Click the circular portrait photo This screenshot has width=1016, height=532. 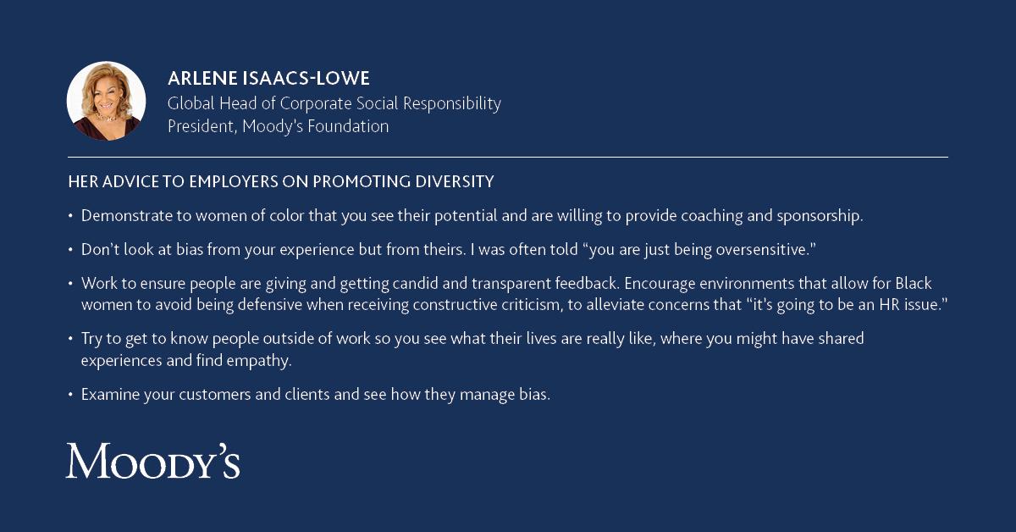tap(106, 101)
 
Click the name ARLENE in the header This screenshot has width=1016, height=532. tap(202, 78)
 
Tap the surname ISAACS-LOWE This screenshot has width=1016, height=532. tap(306, 78)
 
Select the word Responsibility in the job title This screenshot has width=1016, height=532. tap(452, 104)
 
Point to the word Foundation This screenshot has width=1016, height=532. tap(348, 126)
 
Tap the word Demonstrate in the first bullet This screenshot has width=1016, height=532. tap(126, 216)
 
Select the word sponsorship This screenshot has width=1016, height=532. tap(820, 217)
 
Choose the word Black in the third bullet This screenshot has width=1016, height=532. tap(913, 283)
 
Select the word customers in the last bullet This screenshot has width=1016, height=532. tap(214, 395)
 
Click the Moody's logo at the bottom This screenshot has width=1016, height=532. tap(153, 461)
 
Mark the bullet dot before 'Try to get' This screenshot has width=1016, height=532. tap(70, 338)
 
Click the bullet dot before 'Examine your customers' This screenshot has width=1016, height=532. tap(70, 395)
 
